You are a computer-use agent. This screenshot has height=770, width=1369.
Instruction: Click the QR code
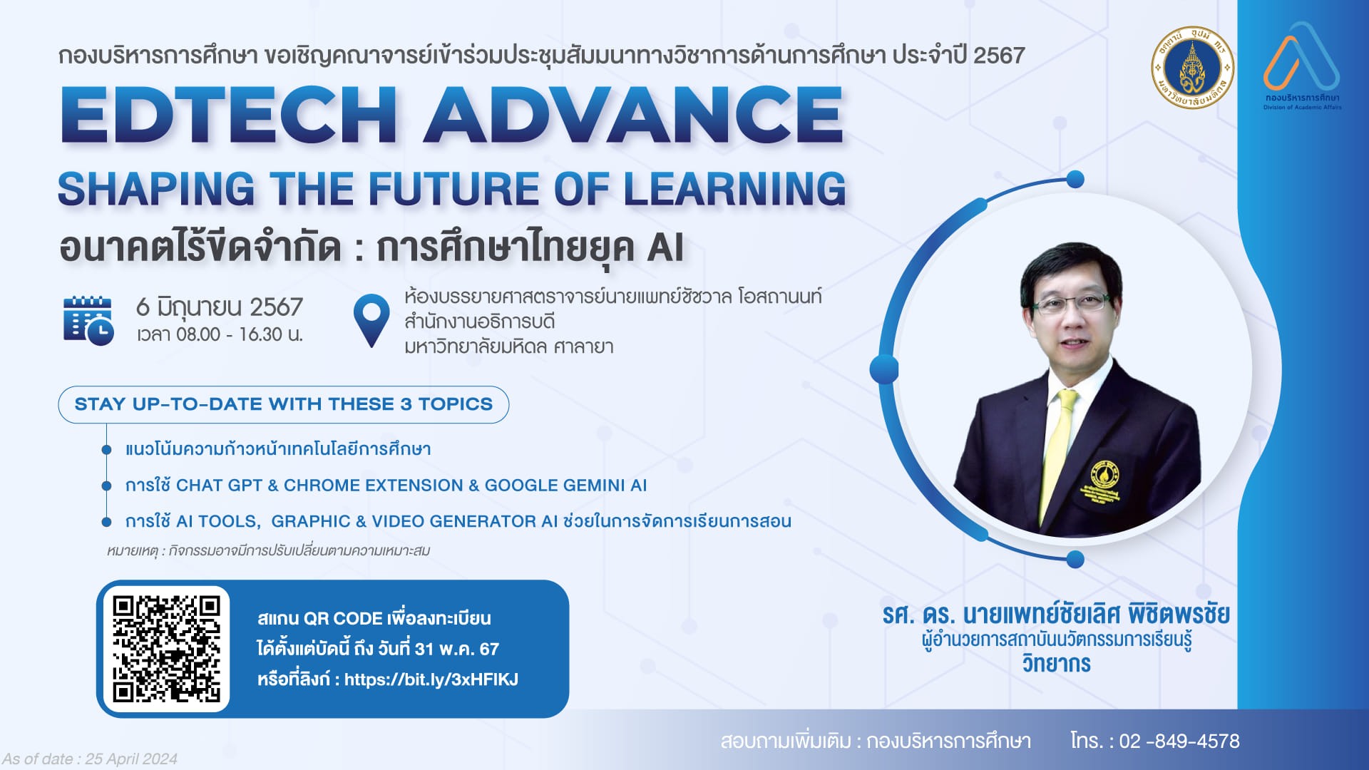click(166, 649)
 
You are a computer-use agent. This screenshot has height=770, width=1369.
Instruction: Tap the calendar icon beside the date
click(88, 320)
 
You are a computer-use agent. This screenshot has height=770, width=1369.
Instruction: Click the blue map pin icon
click(371, 321)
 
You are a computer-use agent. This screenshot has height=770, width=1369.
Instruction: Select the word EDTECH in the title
click(228, 115)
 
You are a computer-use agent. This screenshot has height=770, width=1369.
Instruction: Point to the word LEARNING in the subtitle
click(734, 189)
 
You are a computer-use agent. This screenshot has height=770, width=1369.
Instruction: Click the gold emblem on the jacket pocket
click(1104, 476)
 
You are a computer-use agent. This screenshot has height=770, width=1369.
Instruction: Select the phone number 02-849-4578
click(1179, 741)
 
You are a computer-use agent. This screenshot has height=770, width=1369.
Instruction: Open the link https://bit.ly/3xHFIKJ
click(431, 679)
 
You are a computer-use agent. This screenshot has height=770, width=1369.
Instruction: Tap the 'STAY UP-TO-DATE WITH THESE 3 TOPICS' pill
click(284, 404)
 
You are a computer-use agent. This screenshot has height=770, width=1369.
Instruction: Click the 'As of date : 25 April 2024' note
click(89, 759)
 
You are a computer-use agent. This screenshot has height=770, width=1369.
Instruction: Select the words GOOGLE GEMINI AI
click(565, 486)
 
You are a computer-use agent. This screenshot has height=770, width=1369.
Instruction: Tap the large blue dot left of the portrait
click(884, 369)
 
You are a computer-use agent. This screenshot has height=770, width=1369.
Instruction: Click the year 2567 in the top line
click(999, 56)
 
